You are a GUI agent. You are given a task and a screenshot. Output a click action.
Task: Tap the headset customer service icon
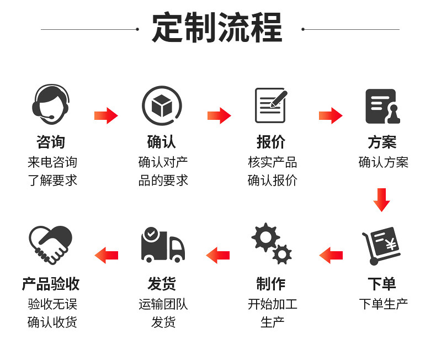(50, 104)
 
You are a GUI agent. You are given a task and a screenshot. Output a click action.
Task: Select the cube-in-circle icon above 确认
(162, 105)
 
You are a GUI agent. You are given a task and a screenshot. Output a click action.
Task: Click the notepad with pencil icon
(272, 104)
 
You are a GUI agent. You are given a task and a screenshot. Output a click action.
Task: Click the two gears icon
(272, 243)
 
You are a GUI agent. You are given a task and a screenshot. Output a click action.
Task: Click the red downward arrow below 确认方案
(381, 199)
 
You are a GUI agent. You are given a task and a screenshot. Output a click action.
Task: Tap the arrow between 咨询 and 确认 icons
(106, 115)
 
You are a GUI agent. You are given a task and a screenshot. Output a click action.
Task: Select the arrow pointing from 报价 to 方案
(330, 115)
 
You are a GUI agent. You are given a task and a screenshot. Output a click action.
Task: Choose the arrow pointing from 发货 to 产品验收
(107, 255)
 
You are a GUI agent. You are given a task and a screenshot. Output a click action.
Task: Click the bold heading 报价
(271, 142)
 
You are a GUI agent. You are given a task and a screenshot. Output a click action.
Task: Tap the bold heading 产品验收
(51, 284)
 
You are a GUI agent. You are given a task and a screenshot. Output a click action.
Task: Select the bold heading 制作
(271, 284)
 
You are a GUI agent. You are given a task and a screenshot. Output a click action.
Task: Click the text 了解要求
(52, 180)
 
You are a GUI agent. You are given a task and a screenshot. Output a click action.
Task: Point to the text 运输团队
(163, 304)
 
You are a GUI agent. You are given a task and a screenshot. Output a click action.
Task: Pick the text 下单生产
(383, 304)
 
